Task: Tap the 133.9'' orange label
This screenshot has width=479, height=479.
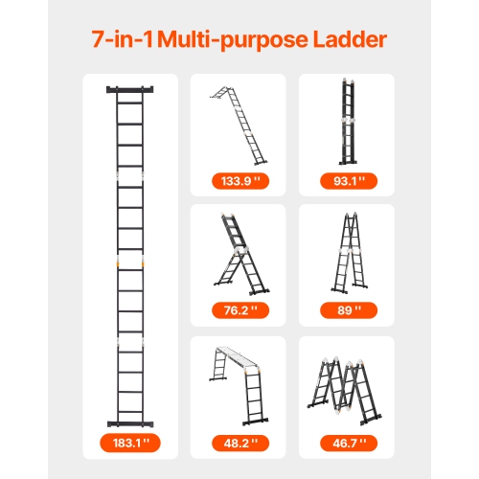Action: (x=237, y=180)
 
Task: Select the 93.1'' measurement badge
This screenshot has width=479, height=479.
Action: (x=345, y=180)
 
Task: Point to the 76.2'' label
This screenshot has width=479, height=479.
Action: (x=237, y=310)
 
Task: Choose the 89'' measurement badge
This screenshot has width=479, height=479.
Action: (x=345, y=310)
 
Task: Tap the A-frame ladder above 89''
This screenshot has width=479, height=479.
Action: (x=346, y=252)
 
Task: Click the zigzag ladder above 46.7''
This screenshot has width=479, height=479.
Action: (x=346, y=387)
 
